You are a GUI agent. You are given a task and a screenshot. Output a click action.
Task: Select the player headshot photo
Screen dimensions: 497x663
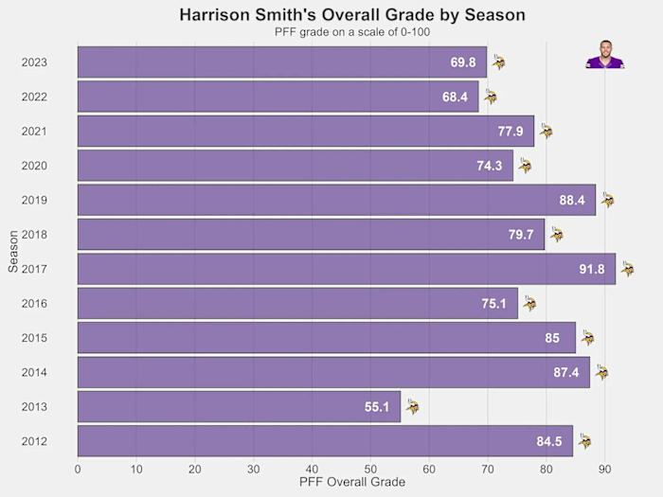coord(606,55)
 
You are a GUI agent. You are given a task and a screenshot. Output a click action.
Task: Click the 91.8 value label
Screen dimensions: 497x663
coord(592,270)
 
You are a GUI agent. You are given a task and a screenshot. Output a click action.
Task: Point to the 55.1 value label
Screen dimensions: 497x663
coord(377,407)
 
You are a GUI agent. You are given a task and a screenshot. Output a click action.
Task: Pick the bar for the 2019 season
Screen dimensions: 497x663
coord(336,201)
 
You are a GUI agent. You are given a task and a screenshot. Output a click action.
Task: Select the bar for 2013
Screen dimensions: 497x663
coord(239,407)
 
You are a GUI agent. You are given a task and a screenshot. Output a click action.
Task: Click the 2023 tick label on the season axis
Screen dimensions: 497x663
coord(34,62)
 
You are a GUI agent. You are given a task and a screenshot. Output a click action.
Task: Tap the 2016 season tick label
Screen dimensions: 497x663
coord(34,304)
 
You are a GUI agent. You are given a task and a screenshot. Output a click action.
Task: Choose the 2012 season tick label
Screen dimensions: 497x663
coord(34,442)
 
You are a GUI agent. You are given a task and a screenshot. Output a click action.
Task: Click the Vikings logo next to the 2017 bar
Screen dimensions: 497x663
coord(627,270)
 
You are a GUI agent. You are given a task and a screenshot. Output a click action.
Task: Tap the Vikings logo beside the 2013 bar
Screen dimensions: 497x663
coord(412,407)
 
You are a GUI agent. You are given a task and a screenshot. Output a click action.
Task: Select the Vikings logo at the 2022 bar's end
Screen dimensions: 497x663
coord(490,97)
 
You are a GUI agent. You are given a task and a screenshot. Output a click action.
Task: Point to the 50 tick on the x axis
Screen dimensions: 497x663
coord(370,468)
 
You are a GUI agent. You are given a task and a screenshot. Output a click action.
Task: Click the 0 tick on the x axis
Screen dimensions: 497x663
coord(78,468)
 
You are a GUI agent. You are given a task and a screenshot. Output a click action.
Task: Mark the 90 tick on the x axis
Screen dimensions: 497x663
coord(605,468)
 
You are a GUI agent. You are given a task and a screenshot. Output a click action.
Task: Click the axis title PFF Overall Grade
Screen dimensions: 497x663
coord(351,483)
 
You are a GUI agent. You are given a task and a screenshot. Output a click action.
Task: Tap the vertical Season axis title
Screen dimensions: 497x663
coord(12,252)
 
